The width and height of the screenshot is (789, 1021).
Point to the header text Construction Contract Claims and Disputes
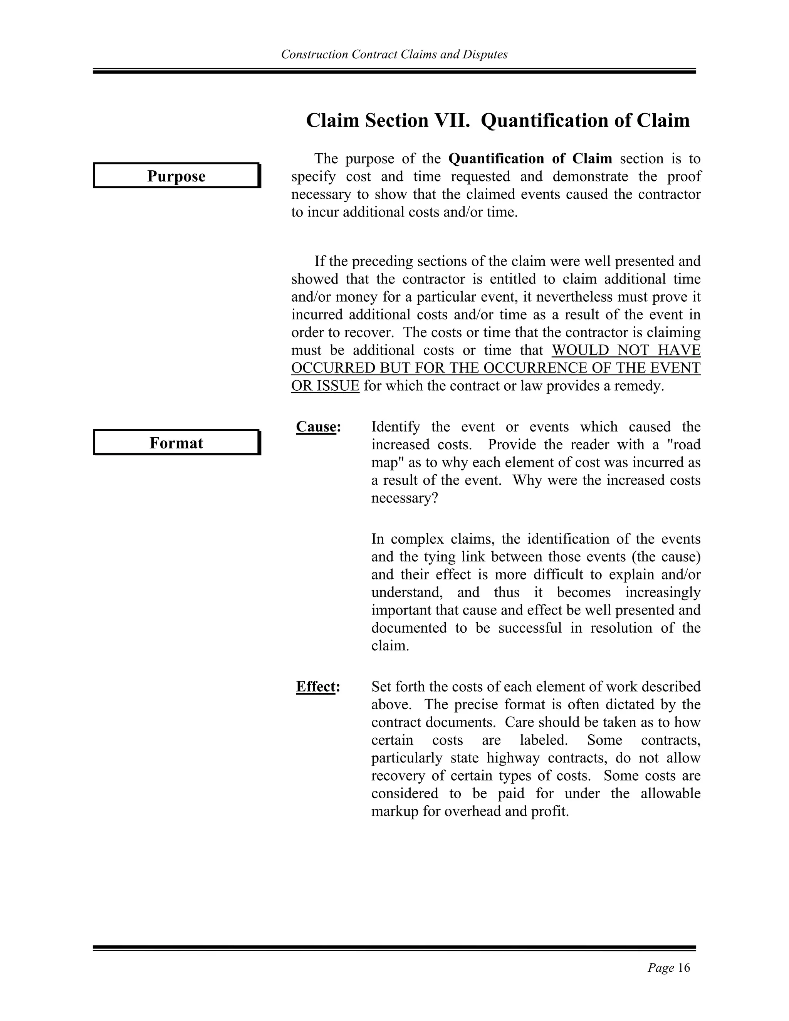pyautogui.click(x=394, y=55)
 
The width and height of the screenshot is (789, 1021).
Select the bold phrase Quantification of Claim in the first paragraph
pyautogui.click(x=530, y=159)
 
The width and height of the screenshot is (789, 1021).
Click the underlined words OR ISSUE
pyautogui.click(x=325, y=386)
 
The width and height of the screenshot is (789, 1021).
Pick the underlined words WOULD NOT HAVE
pyautogui.click(x=626, y=350)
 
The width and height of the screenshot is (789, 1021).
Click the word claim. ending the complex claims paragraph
pyautogui.click(x=390, y=646)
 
